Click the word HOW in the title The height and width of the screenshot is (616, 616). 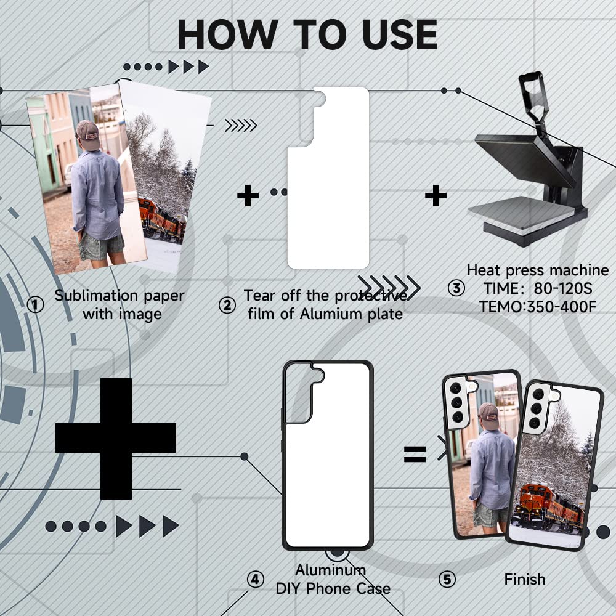(x=228, y=34)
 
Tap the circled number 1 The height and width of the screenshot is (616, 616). (x=35, y=305)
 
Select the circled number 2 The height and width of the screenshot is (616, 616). (x=227, y=305)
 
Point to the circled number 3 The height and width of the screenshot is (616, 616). (x=456, y=288)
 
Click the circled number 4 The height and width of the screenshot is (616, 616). (x=256, y=579)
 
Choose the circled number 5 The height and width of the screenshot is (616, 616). (x=447, y=579)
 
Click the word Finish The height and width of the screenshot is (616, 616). (x=525, y=579)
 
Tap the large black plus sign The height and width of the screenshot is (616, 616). (x=116, y=439)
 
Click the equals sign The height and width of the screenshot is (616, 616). (x=415, y=454)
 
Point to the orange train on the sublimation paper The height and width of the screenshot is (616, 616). (x=162, y=220)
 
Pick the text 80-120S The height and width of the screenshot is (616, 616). (x=563, y=288)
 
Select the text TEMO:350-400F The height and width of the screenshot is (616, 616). (x=538, y=307)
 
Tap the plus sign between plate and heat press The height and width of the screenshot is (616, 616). (x=436, y=196)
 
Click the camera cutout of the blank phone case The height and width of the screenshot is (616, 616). (x=304, y=393)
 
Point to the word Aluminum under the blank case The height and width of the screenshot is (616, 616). (x=330, y=570)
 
